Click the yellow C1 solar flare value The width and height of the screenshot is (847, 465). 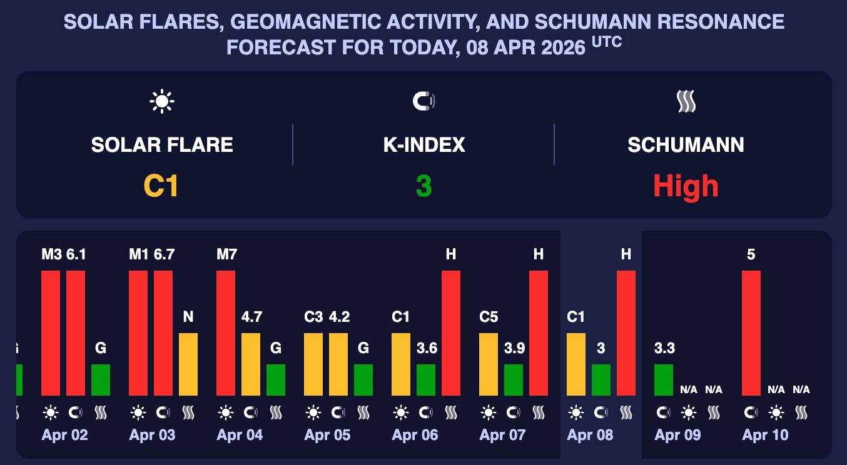coord(161,186)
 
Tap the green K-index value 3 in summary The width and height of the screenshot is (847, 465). coord(423,186)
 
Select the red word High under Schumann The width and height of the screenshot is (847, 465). coord(686,186)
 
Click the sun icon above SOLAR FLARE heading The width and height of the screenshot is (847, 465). coord(161,101)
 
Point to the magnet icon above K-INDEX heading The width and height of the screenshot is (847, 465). coord(423,101)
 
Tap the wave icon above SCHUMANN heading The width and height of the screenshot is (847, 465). coord(686,101)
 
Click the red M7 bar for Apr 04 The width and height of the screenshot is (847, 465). coord(226,332)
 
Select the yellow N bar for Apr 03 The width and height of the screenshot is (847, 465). coord(188,364)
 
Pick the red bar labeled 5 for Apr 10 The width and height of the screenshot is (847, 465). coord(751,332)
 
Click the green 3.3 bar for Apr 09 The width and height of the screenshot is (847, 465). coord(664,379)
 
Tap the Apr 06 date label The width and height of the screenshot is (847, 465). coord(415,435)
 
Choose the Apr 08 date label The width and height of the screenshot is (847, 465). coord(591,435)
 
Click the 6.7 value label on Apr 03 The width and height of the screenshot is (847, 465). coord(163,254)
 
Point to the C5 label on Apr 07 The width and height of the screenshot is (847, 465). coord(489,317)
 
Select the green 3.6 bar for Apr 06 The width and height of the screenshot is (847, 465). coord(426,379)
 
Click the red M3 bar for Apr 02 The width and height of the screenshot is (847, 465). coord(51,332)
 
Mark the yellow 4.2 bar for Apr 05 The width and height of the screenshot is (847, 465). coord(338,364)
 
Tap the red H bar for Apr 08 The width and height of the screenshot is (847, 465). coord(626,332)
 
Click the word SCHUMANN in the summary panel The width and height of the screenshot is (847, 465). coord(686,145)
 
